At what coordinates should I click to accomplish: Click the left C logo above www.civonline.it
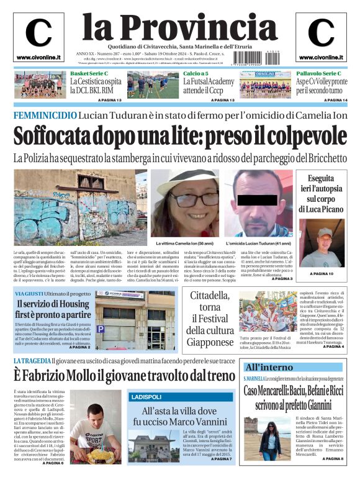[x=38, y=34]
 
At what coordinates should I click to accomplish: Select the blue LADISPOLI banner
[x=146, y=396]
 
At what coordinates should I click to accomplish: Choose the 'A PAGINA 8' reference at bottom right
[x=331, y=476]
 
